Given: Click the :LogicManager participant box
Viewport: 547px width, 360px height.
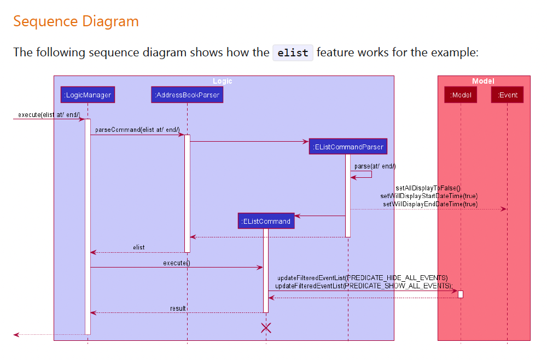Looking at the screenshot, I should tap(88, 95).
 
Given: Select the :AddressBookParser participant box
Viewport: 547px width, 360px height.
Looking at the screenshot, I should tap(187, 95).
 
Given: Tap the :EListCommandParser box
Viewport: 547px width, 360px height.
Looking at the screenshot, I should tap(348, 147).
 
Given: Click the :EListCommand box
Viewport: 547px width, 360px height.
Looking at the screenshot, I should tap(266, 221).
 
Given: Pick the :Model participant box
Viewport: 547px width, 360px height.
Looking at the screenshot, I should tap(461, 95).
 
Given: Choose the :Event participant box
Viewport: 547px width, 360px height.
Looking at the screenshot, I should tap(507, 95).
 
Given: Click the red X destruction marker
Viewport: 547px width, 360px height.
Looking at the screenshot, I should tap(266, 328).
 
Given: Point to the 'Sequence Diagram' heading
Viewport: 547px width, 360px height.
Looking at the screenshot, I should tap(76, 21).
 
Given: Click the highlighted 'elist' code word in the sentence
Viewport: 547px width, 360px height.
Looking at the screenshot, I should tap(293, 53).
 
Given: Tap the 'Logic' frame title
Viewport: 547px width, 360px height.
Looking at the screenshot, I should tap(223, 81).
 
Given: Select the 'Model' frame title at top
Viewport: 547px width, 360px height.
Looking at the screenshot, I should tap(483, 81).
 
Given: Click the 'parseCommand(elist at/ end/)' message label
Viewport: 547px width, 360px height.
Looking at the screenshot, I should tap(137, 130).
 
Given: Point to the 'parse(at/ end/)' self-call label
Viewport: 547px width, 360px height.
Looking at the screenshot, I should tap(375, 166).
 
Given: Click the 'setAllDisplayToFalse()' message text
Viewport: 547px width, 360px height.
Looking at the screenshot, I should tap(428, 188).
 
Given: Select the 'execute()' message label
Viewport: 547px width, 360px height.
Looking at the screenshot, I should tap(176, 263).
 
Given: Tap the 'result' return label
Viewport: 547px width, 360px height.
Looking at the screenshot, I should tap(178, 309).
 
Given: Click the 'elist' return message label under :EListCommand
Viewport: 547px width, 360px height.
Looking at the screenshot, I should tap(139, 247).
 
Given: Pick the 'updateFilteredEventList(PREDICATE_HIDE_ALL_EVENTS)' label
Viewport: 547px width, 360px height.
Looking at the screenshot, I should tap(362, 278).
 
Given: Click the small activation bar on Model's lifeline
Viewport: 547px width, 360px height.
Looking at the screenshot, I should tap(461, 294).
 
